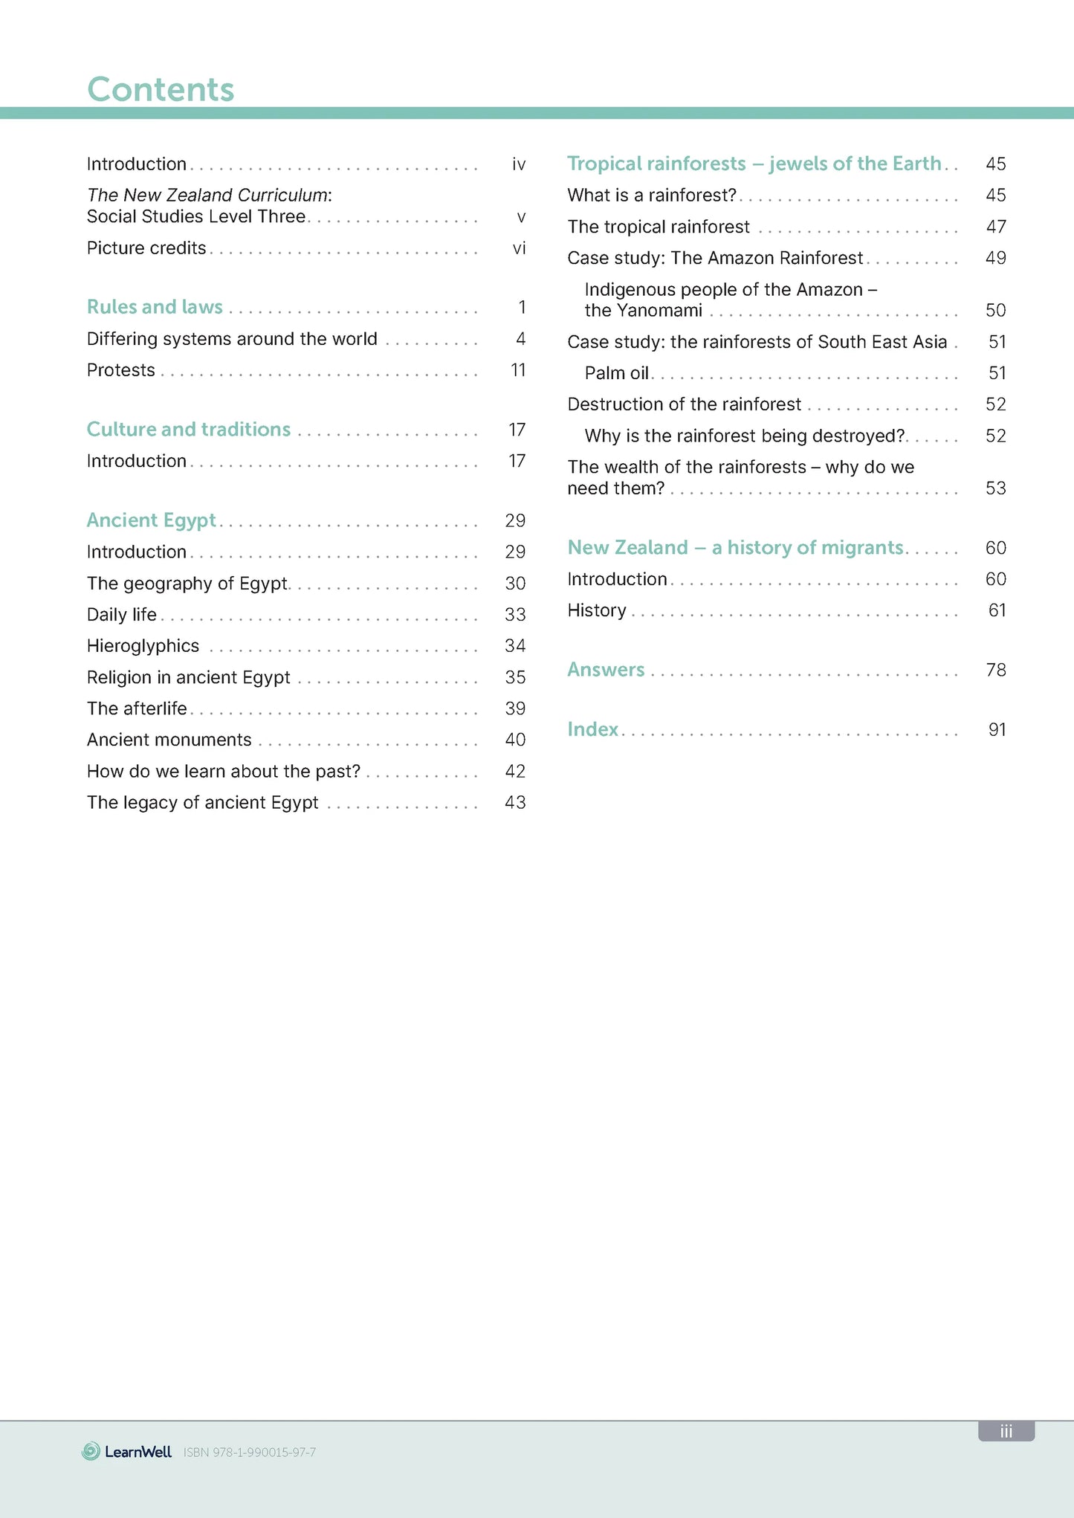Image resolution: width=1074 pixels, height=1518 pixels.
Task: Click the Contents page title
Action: [161, 89]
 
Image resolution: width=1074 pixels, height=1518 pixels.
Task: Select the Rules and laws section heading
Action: [155, 307]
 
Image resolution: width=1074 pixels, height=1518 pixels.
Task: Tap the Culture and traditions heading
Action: [189, 430]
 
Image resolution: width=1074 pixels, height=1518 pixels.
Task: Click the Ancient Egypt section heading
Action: [152, 520]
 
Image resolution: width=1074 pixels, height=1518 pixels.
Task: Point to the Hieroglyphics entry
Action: [143, 646]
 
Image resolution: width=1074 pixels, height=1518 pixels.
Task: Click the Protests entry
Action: [121, 370]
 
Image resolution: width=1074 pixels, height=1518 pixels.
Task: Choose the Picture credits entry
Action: [146, 248]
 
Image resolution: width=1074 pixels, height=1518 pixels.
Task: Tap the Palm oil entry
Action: [617, 373]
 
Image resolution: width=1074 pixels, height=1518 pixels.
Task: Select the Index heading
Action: [593, 729]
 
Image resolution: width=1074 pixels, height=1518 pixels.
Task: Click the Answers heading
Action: [606, 670]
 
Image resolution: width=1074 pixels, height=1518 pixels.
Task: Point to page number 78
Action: [996, 670]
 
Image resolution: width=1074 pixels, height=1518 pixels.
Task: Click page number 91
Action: [997, 729]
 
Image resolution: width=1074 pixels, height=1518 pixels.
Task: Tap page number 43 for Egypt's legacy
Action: [515, 803]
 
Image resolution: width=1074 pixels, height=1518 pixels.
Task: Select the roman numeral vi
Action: [519, 248]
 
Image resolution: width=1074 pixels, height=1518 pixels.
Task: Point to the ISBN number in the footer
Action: [250, 1452]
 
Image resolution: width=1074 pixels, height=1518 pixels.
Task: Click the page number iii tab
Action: [1006, 1431]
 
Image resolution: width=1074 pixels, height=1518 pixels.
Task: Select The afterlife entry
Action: [137, 708]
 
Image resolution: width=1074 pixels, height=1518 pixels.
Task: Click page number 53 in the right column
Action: [996, 488]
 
